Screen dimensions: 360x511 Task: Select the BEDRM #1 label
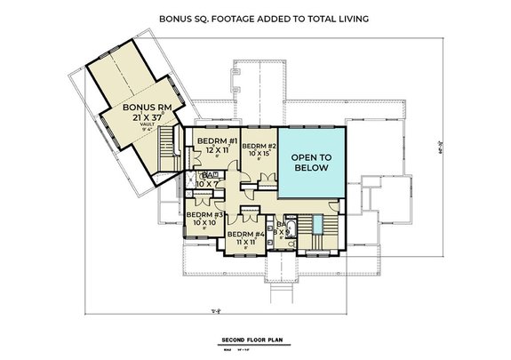[216, 141]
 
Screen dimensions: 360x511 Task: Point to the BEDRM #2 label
[259, 146]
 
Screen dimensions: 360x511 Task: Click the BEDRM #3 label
[205, 214]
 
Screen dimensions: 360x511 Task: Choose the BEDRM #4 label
[245, 234]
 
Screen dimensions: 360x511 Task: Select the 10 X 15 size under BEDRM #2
[259, 155]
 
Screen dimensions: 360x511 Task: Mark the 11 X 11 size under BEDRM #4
[245, 242]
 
